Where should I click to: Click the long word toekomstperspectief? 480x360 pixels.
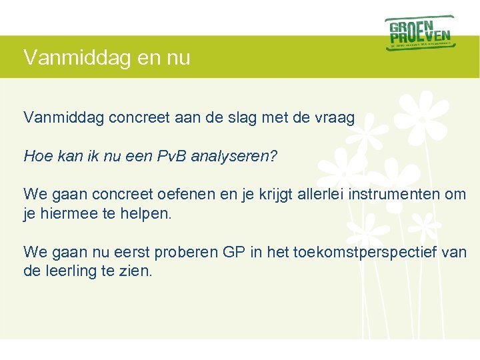(x=361, y=252)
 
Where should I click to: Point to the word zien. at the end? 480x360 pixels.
(x=137, y=271)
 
